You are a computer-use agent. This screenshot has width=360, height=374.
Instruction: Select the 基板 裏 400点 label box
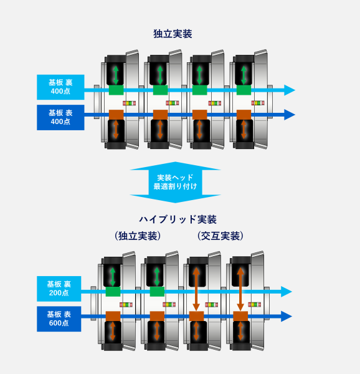[x=60, y=87]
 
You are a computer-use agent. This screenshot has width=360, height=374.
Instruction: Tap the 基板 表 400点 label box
[x=60, y=117]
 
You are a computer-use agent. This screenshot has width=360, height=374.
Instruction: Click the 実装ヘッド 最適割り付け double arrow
[x=176, y=182]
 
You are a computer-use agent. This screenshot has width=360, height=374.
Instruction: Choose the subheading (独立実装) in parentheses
[x=138, y=236]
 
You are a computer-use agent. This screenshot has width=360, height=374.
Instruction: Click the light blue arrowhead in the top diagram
[x=289, y=90]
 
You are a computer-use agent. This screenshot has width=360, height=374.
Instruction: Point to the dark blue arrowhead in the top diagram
[x=289, y=115]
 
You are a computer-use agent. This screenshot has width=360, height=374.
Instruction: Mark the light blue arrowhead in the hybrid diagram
[x=287, y=291]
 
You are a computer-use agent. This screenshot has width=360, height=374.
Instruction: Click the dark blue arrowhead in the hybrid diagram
[x=287, y=316]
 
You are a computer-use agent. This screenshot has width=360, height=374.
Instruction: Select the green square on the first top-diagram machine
[x=116, y=90]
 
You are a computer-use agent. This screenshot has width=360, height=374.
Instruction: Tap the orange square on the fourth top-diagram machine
[x=244, y=115]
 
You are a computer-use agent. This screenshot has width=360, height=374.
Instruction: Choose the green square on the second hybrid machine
[x=157, y=291]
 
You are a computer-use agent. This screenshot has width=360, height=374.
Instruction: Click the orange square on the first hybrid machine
[x=113, y=316]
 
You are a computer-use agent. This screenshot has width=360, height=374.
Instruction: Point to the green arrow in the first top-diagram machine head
[x=115, y=74]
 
